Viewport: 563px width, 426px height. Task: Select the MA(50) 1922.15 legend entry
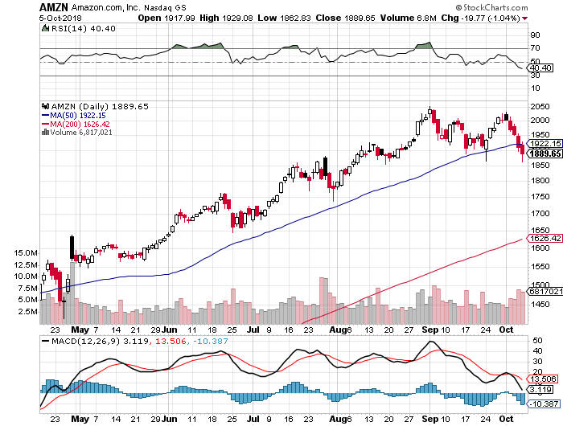pos(76,115)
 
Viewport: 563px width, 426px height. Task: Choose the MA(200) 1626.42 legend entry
pos(78,124)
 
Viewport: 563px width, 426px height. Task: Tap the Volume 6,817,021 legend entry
pos(80,132)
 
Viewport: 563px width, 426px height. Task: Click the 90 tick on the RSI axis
pos(532,35)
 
